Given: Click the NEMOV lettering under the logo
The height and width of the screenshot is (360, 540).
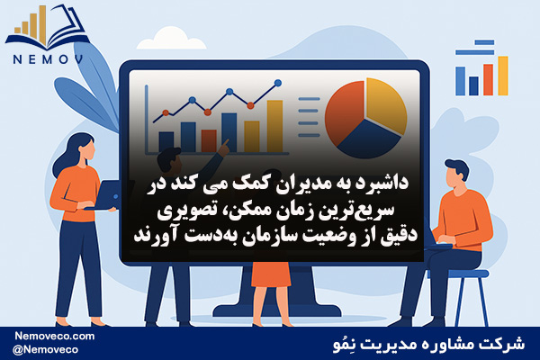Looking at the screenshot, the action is click(x=48, y=60).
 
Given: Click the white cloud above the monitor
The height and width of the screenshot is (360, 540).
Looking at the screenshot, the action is click(x=171, y=40).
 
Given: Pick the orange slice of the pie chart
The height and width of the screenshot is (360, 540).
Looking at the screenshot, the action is click(x=345, y=112).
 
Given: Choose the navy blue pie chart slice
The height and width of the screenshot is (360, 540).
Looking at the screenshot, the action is click(x=369, y=139).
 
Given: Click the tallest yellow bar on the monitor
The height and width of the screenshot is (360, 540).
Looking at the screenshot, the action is click(x=274, y=126).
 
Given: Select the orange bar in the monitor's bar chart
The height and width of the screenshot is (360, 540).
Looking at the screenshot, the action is click(x=209, y=141).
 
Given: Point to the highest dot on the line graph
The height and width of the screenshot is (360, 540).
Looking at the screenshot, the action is click(x=278, y=83).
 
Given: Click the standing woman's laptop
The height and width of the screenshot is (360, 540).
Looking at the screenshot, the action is click(x=105, y=195).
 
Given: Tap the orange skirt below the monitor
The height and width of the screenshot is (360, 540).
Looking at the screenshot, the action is click(x=271, y=274).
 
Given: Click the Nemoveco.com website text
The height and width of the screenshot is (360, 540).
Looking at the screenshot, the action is click(x=54, y=336).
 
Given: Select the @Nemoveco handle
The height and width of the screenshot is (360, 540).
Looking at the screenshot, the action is click(x=45, y=350).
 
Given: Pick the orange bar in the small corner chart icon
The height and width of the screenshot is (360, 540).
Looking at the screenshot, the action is click(x=488, y=79).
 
